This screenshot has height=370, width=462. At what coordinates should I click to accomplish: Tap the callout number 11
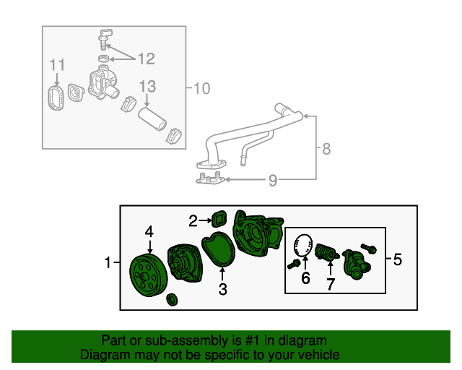pos(57,66)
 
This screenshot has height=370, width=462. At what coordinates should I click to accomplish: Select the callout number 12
pos(147,58)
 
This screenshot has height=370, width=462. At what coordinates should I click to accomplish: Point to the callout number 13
pos(147,87)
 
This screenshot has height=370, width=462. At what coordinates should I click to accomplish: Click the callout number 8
pos(326,150)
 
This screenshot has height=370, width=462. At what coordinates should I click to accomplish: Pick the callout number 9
pos(272,180)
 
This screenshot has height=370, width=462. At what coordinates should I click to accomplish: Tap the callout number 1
pos(108,262)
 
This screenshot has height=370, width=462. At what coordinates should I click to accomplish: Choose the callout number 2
pos(193,220)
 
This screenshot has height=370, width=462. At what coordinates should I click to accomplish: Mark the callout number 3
pos(223,290)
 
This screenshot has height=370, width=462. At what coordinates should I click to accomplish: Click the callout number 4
pos(149,231)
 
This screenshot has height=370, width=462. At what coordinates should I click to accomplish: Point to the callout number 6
pos(305,279)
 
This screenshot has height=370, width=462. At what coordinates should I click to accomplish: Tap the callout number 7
pos(331,285)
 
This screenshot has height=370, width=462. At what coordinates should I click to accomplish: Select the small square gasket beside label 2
pos(219,218)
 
